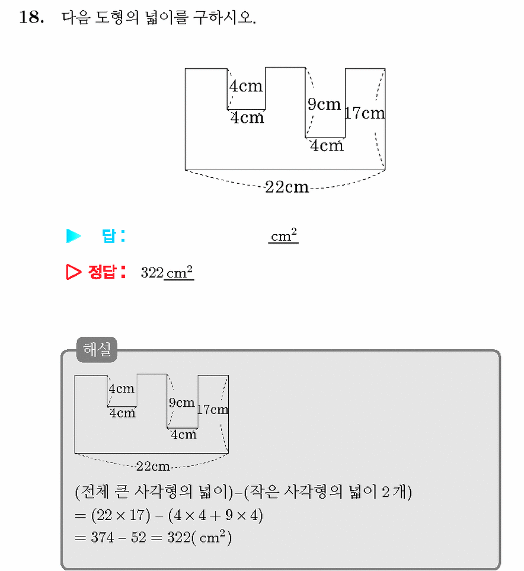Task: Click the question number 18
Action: coord(31,17)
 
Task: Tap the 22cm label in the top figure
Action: coord(286,187)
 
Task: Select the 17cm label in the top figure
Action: coord(365,113)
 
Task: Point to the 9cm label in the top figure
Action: coord(324,104)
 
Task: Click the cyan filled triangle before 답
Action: coord(74,236)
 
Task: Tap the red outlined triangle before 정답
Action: coord(74,272)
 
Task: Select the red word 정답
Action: coord(103,272)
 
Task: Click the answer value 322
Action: coord(152,273)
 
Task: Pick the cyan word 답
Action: coord(109,236)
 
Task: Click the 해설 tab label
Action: coord(97,350)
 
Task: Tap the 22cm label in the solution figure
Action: coord(153,466)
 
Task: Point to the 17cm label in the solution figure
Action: coord(213,410)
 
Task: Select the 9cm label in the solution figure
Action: coord(182,403)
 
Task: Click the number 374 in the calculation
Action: coord(103,537)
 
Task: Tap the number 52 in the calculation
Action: coord(138,537)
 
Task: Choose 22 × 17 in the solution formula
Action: coord(120,515)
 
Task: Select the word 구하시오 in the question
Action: coord(224,17)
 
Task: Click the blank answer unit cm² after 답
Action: coord(284,235)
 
